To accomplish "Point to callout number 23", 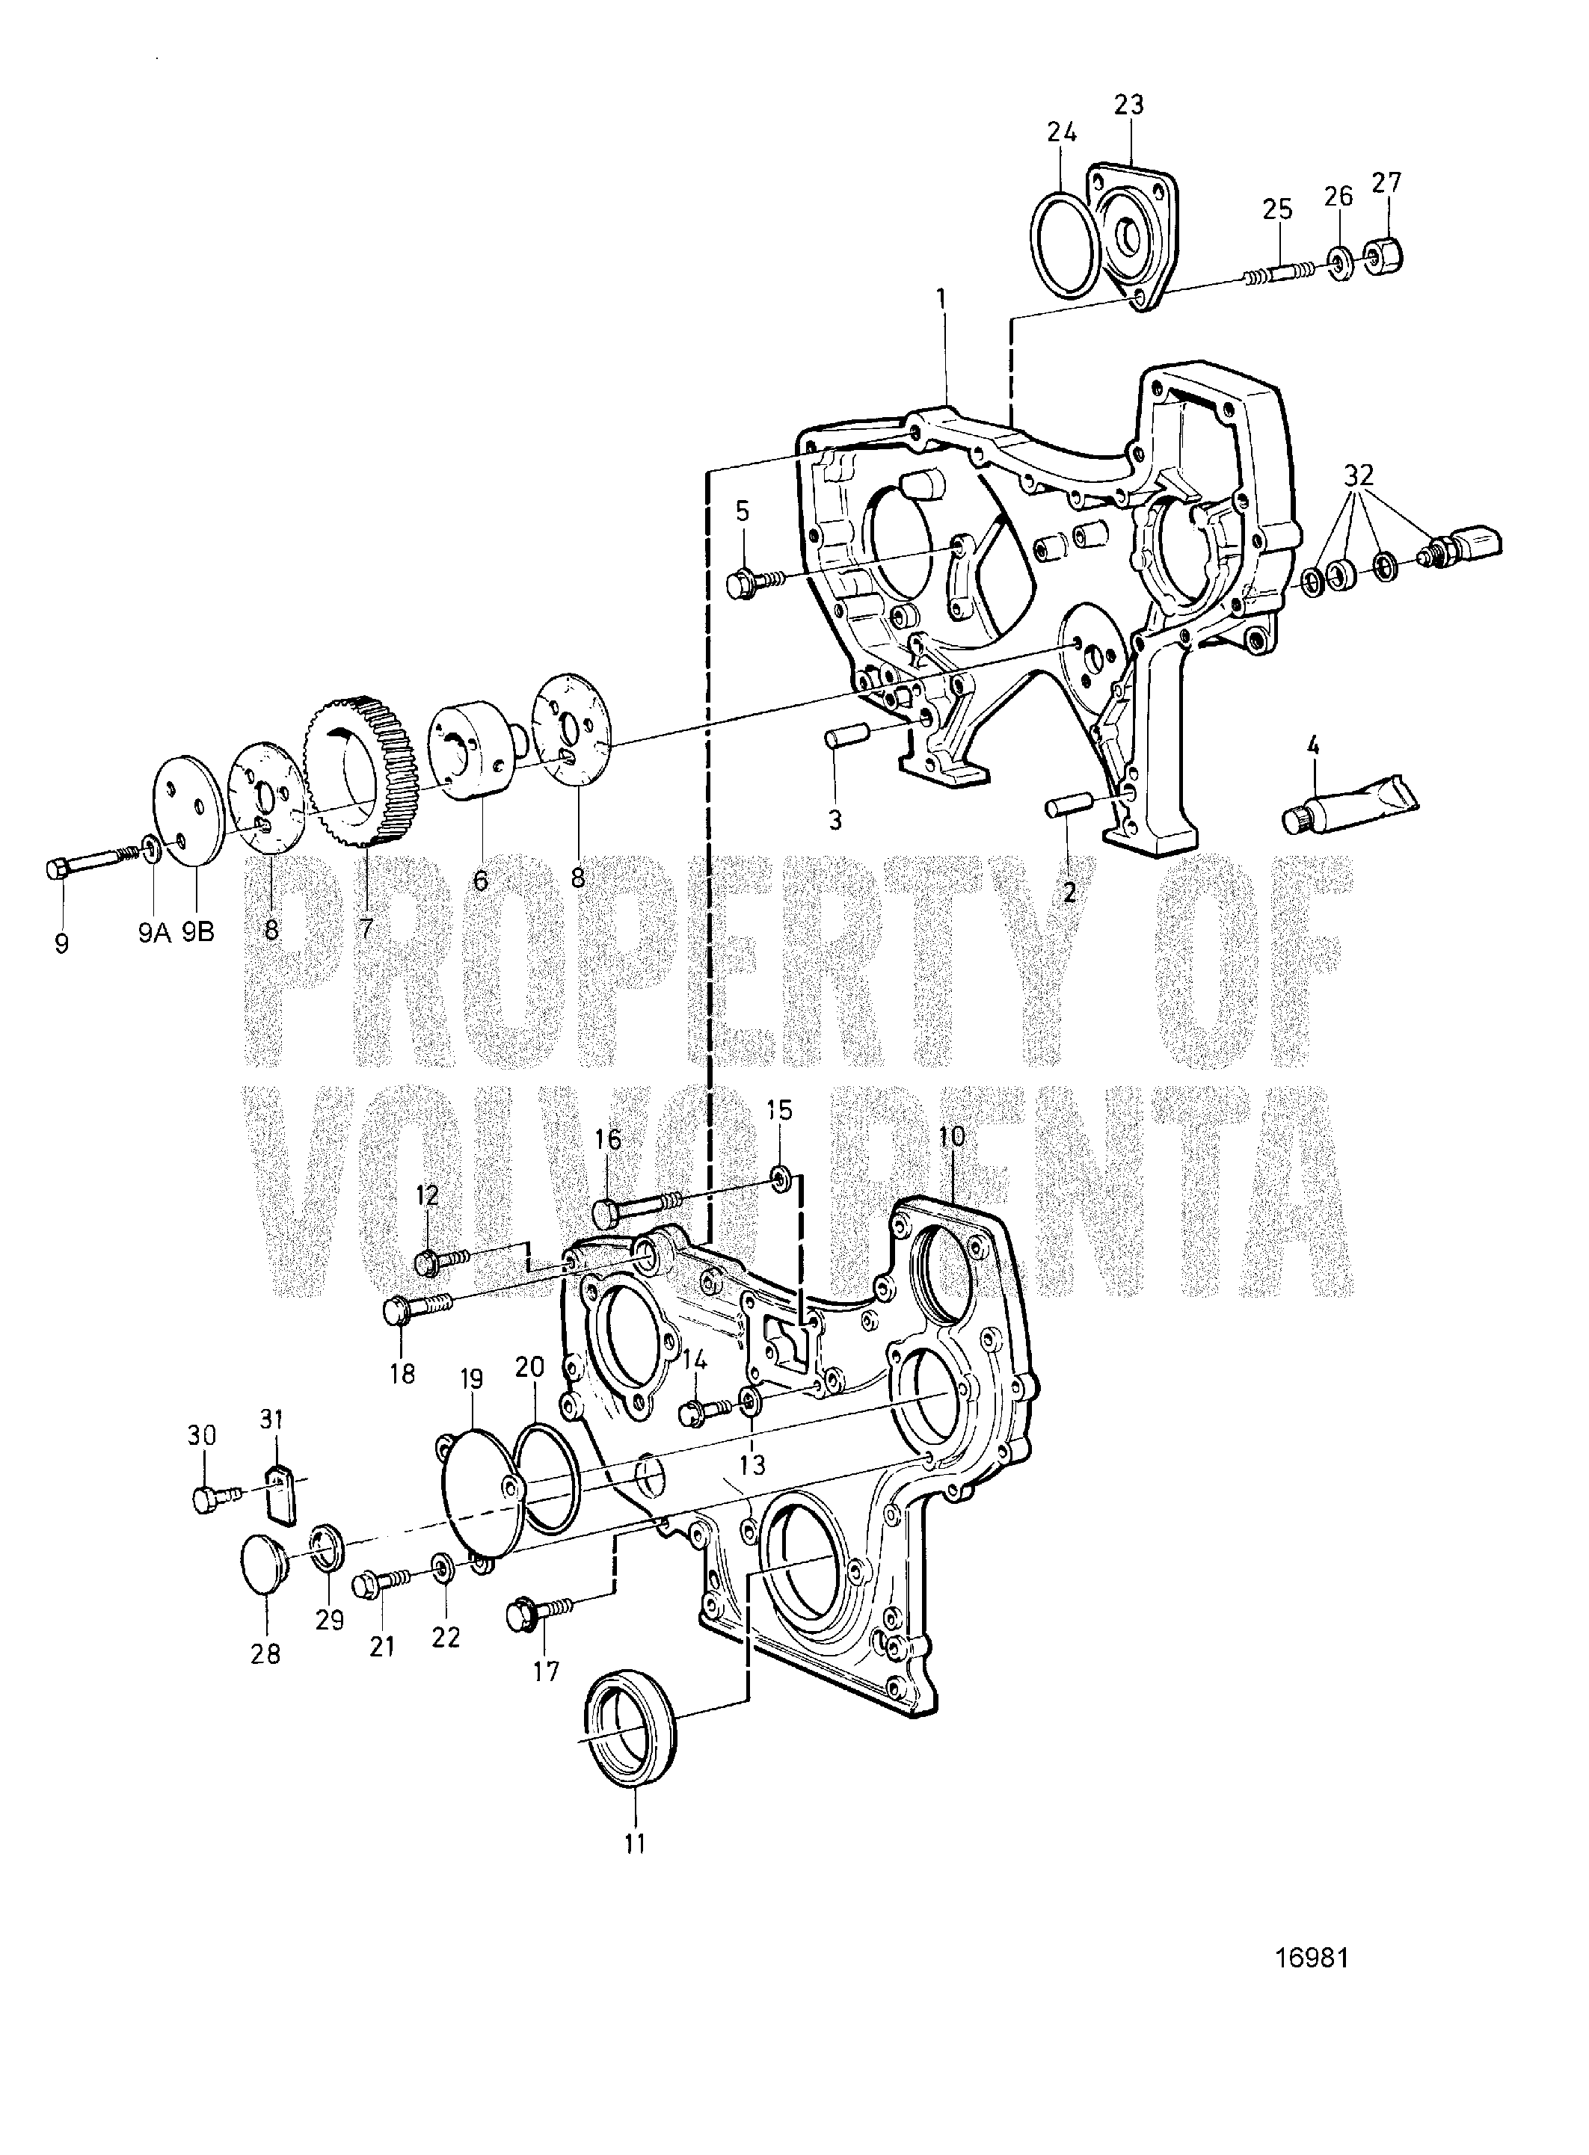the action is pos(1129,105).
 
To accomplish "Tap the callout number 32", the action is pos(1359,476).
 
